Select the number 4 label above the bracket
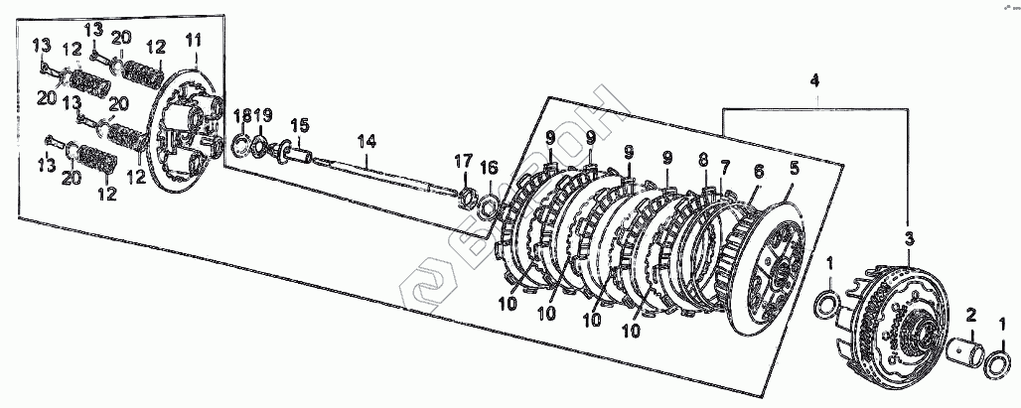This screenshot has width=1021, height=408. click(x=814, y=78)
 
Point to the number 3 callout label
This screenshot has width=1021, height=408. click(x=907, y=238)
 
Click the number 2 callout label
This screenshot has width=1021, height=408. click(x=972, y=316)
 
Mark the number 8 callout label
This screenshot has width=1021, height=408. click(x=703, y=159)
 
